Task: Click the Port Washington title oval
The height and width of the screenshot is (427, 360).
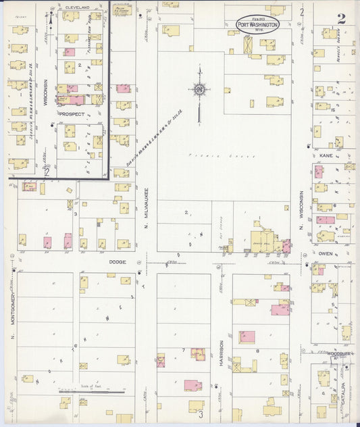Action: [257, 24]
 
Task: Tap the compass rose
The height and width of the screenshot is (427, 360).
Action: [199, 89]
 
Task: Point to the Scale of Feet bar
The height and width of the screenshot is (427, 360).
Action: [91, 391]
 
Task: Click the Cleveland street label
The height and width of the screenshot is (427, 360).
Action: [77, 6]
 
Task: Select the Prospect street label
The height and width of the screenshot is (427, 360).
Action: [71, 114]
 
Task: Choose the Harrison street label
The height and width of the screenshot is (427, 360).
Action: [221, 353]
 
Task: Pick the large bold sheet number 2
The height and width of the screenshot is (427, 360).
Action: [341, 18]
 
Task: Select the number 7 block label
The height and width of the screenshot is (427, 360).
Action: [183, 350]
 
